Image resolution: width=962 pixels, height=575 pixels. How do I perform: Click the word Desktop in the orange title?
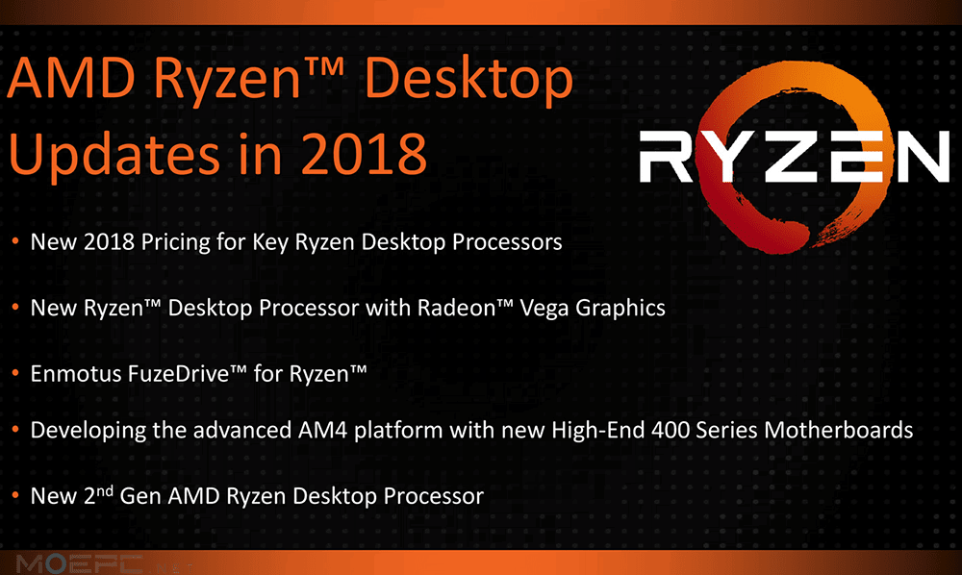(x=468, y=82)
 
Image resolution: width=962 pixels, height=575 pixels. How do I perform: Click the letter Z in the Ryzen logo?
(x=792, y=157)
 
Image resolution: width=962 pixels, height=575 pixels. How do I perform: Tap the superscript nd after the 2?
(x=106, y=489)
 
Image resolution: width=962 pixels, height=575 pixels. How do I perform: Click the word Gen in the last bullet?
(x=140, y=496)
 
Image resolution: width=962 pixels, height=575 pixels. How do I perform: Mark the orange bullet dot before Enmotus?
(x=15, y=373)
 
